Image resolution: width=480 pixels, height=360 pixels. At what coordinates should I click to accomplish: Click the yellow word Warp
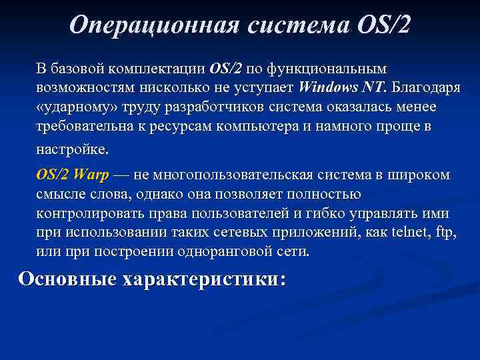(x=91, y=175)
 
